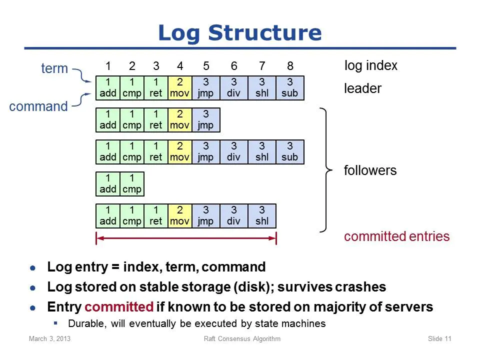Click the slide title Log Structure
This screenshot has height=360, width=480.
240,33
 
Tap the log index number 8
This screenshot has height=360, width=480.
290,66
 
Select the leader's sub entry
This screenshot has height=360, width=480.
290,88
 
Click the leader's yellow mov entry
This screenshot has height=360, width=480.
180,88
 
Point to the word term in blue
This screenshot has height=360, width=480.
54,68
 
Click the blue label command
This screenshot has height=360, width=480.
38,106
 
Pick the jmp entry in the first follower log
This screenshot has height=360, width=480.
206,120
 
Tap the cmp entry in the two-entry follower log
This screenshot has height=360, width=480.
132,184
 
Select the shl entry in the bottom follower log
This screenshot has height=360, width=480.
262,216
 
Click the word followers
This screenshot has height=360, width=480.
370,170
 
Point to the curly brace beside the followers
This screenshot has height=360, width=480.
325,170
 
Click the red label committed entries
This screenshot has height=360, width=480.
396,236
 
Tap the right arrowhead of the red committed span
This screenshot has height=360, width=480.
273,238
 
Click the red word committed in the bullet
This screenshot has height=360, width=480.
119,306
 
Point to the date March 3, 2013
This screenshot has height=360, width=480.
49,338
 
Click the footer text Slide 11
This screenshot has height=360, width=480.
439,338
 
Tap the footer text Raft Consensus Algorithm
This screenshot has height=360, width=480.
242,338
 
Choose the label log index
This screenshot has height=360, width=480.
370,66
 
